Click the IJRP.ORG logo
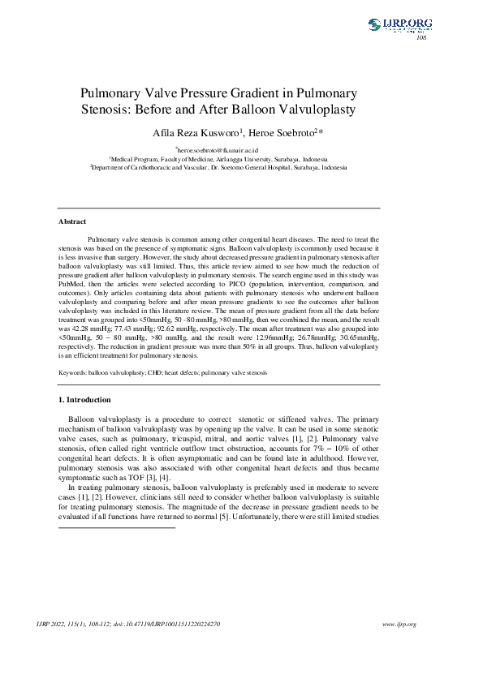[399, 25]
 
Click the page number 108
[420, 38]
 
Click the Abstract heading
[72, 221]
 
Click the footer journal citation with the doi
[129, 624]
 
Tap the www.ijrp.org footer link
[399, 624]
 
